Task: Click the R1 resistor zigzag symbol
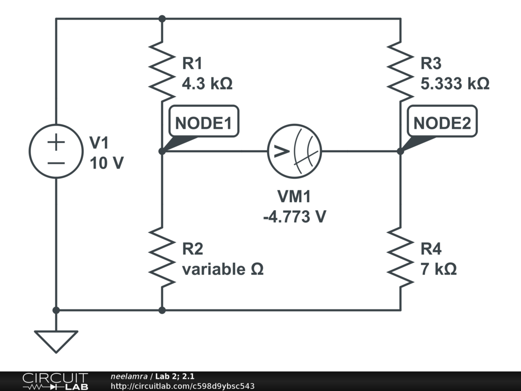coord(162,71)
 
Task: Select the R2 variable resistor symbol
coord(162,257)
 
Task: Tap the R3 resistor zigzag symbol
coord(400,71)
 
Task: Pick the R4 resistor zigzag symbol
coord(400,257)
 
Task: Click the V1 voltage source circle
coord(56,151)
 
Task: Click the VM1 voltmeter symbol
coord(295,151)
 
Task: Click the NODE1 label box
coord(204,121)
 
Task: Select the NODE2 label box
coord(442,121)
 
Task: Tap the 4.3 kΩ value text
coord(207,83)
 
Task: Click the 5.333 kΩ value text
coord(455,83)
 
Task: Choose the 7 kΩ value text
coord(439,269)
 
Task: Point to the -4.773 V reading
coord(295,217)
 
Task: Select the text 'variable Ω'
coord(223,269)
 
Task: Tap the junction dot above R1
coord(162,19)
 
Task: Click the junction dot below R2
coord(162,310)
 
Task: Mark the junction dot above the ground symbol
coord(56,310)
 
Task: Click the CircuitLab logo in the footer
coord(55,381)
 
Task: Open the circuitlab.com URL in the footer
coord(183,386)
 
